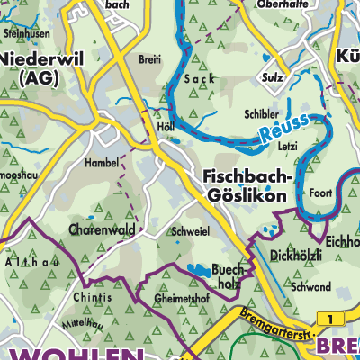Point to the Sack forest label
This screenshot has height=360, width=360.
coord(195,80)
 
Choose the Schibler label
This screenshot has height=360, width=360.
coord(261,116)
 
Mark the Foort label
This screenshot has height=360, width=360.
coord(320,192)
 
